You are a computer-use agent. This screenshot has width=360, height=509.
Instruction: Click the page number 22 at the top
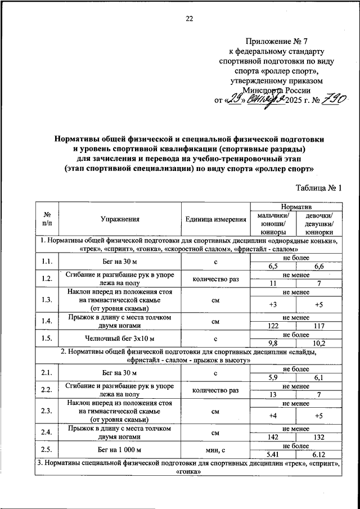(190, 19)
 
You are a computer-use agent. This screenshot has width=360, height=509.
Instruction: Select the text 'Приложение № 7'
(276, 40)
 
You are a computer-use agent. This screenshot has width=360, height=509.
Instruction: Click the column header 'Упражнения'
(120, 220)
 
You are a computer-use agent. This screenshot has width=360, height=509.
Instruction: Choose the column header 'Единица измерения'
(215, 220)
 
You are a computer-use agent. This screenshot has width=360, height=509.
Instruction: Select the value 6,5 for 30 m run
(273, 265)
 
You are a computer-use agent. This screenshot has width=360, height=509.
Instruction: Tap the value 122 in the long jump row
(273, 326)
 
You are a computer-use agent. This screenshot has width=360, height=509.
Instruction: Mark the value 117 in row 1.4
(318, 326)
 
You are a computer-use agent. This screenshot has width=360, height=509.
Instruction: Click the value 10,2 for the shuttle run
(318, 343)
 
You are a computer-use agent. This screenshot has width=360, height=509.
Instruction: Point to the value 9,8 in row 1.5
(273, 343)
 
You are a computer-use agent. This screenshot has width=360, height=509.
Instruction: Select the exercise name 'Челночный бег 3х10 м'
(120, 339)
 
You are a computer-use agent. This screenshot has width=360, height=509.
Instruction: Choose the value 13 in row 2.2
(273, 394)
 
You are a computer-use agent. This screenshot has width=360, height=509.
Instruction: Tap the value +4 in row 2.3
(273, 416)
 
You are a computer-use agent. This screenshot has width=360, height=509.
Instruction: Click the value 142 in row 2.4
(273, 438)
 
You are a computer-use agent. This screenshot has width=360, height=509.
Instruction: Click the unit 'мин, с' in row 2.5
(215, 449)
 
